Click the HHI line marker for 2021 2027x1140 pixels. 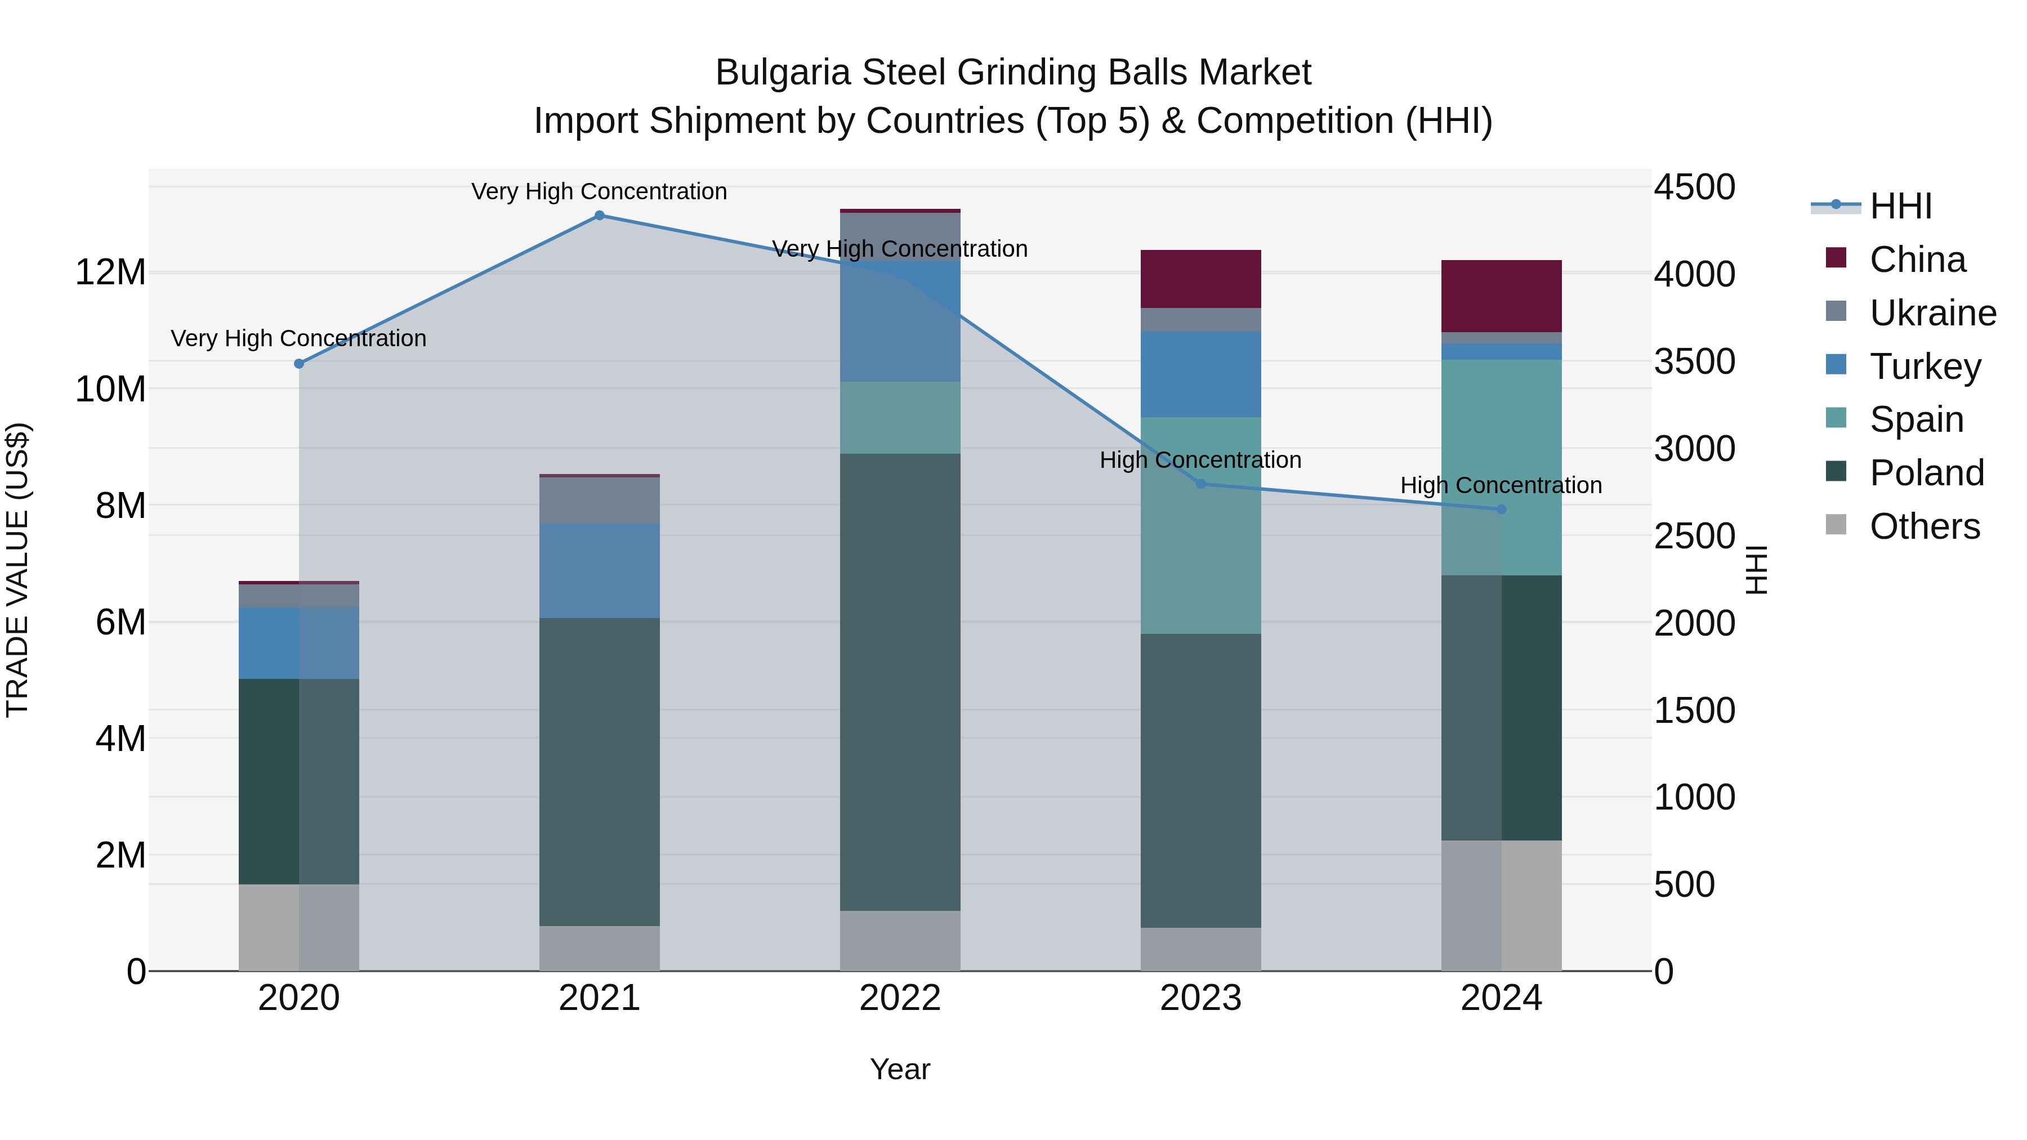click(x=600, y=216)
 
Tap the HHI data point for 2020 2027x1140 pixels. click(x=299, y=364)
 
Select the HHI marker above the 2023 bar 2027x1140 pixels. click(x=1201, y=484)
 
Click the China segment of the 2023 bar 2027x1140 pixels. click(x=1201, y=279)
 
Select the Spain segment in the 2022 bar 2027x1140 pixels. click(x=900, y=418)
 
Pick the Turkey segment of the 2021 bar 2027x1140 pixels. click(x=600, y=571)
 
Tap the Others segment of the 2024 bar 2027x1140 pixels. click(x=1501, y=906)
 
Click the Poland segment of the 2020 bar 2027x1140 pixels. click(x=299, y=781)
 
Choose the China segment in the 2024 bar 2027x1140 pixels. click(x=1501, y=296)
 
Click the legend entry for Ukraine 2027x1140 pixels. click(x=1932, y=313)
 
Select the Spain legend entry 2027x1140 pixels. click(x=1916, y=419)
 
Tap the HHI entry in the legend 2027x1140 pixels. click(x=1900, y=206)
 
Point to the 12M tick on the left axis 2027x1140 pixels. click(x=110, y=272)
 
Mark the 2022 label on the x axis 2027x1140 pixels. click(x=900, y=998)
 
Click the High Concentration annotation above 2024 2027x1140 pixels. click(x=1501, y=485)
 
